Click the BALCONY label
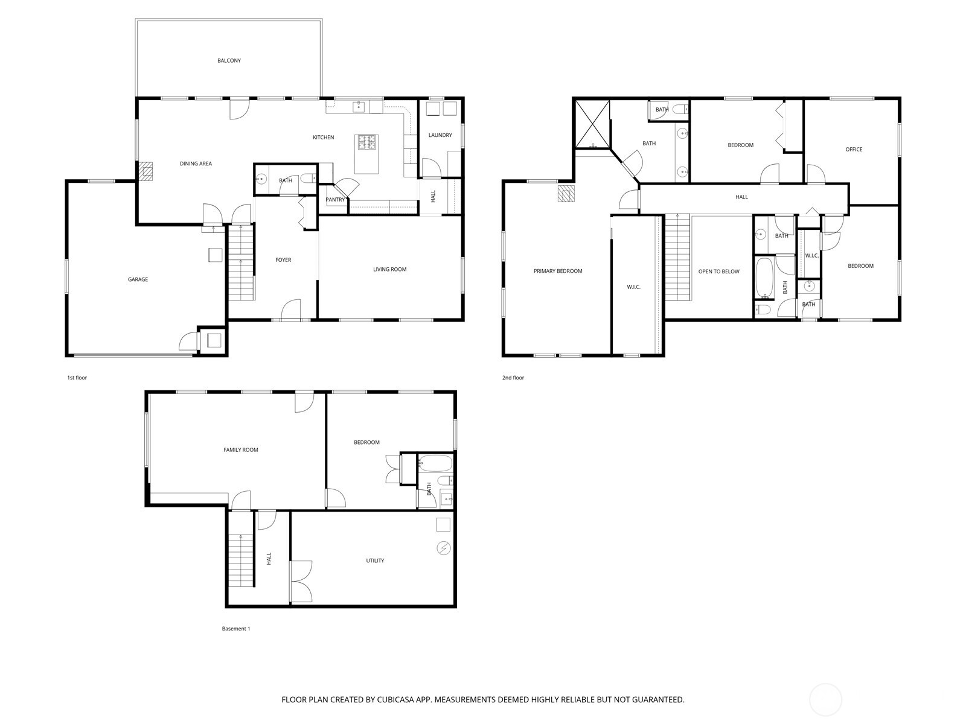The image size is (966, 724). (x=229, y=60)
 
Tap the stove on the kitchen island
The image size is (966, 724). (x=367, y=142)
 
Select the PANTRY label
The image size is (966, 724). (x=335, y=200)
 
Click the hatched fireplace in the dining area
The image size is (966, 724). (x=147, y=171)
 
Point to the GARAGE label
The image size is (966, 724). (x=138, y=279)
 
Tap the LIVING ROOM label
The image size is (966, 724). (x=389, y=269)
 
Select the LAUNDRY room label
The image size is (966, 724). (x=440, y=135)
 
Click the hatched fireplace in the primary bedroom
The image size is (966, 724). (x=566, y=194)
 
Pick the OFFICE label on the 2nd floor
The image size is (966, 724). (x=854, y=149)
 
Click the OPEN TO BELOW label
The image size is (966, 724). (x=718, y=271)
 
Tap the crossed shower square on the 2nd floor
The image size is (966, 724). (x=592, y=124)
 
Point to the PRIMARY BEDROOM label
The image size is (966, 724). (x=558, y=271)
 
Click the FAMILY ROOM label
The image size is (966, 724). (x=240, y=449)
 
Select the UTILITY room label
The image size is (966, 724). (x=375, y=560)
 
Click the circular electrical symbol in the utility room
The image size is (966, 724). (x=444, y=548)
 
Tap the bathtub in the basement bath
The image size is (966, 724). (x=434, y=464)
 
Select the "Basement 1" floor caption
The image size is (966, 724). (x=235, y=629)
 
